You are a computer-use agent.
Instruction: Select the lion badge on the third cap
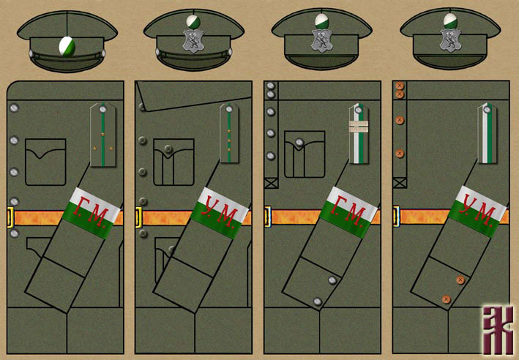point(321,41)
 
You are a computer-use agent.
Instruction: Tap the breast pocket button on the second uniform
point(168,150)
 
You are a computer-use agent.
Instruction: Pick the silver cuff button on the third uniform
point(318,300)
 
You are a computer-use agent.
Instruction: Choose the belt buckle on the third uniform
point(266,215)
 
